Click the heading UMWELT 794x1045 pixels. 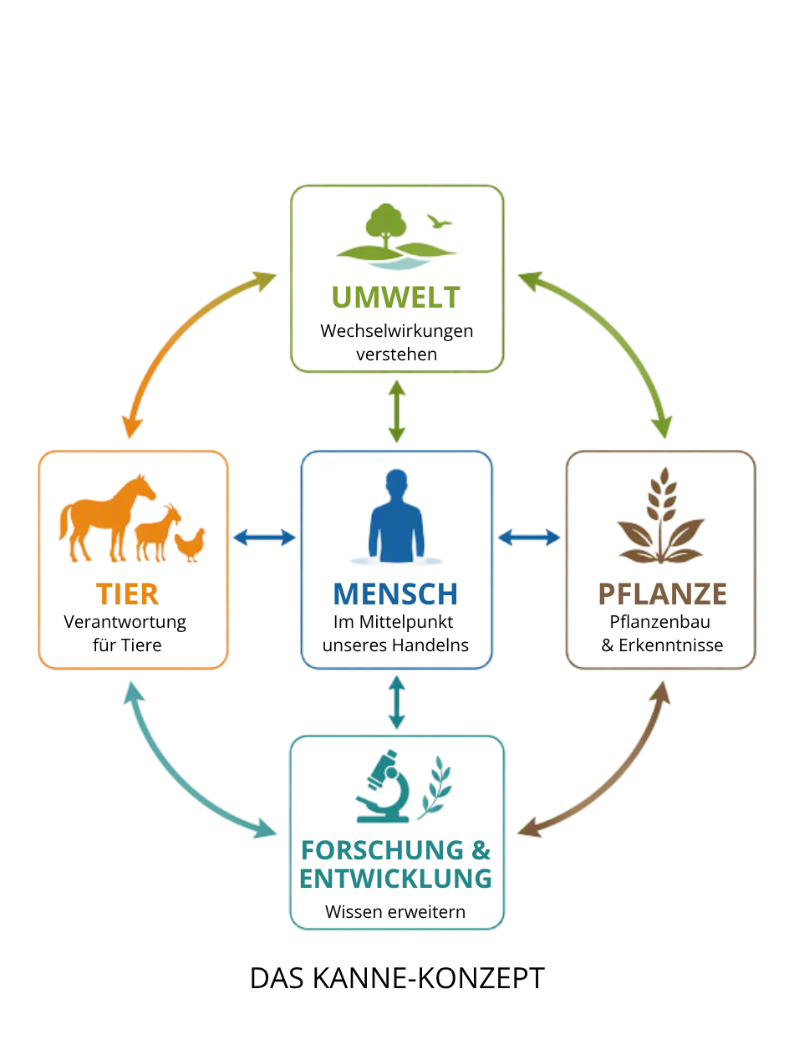(x=395, y=297)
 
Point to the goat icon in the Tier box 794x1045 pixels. (x=157, y=533)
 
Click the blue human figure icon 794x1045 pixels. (x=396, y=516)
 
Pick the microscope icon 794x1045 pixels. (x=383, y=787)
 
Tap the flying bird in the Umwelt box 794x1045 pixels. (x=439, y=222)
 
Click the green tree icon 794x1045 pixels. (x=386, y=227)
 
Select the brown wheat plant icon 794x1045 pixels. (x=660, y=516)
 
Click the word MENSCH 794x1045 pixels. (x=395, y=594)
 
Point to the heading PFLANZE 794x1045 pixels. (x=662, y=594)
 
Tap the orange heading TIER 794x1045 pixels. (x=127, y=594)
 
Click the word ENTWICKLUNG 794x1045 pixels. (x=396, y=879)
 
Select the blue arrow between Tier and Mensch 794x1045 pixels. (x=264, y=538)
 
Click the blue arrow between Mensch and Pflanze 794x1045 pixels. (x=529, y=538)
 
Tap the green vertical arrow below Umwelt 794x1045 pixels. (x=397, y=411)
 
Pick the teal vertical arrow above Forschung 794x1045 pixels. (x=397, y=703)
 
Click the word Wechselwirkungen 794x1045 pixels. (x=397, y=331)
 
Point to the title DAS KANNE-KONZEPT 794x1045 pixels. (x=397, y=979)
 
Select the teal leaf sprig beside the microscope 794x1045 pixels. (x=435, y=788)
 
